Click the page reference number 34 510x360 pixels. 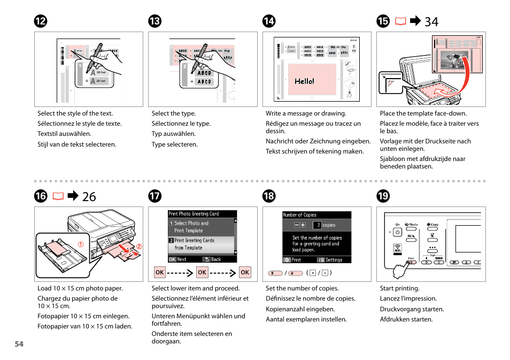pyautogui.click(x=431, y=21)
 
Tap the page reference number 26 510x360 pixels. pyautogui.click(x=89, y=196)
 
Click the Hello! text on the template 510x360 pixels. pyautogui.click(x=305, y=81)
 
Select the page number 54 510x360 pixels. pyautogui.click(x=19, y=344)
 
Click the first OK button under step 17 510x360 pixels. pyautogui.click(x=159, y=272)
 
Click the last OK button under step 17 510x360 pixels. pyautogui.click(x=245, y=272)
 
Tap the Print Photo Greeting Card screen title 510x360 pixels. pyautogui.click(x=194, y=213)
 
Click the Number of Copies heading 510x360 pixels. pyautogui.click(x=299, y=215)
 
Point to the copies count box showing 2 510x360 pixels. pyautogui.click(x=317, y=225)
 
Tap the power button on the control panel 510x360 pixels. pyautogui.click(x=397, y=232)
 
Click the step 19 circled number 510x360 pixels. pyautogui.click(x=383, y=196)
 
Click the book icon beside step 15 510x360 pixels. pyautogui.click(x=400, y=21)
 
